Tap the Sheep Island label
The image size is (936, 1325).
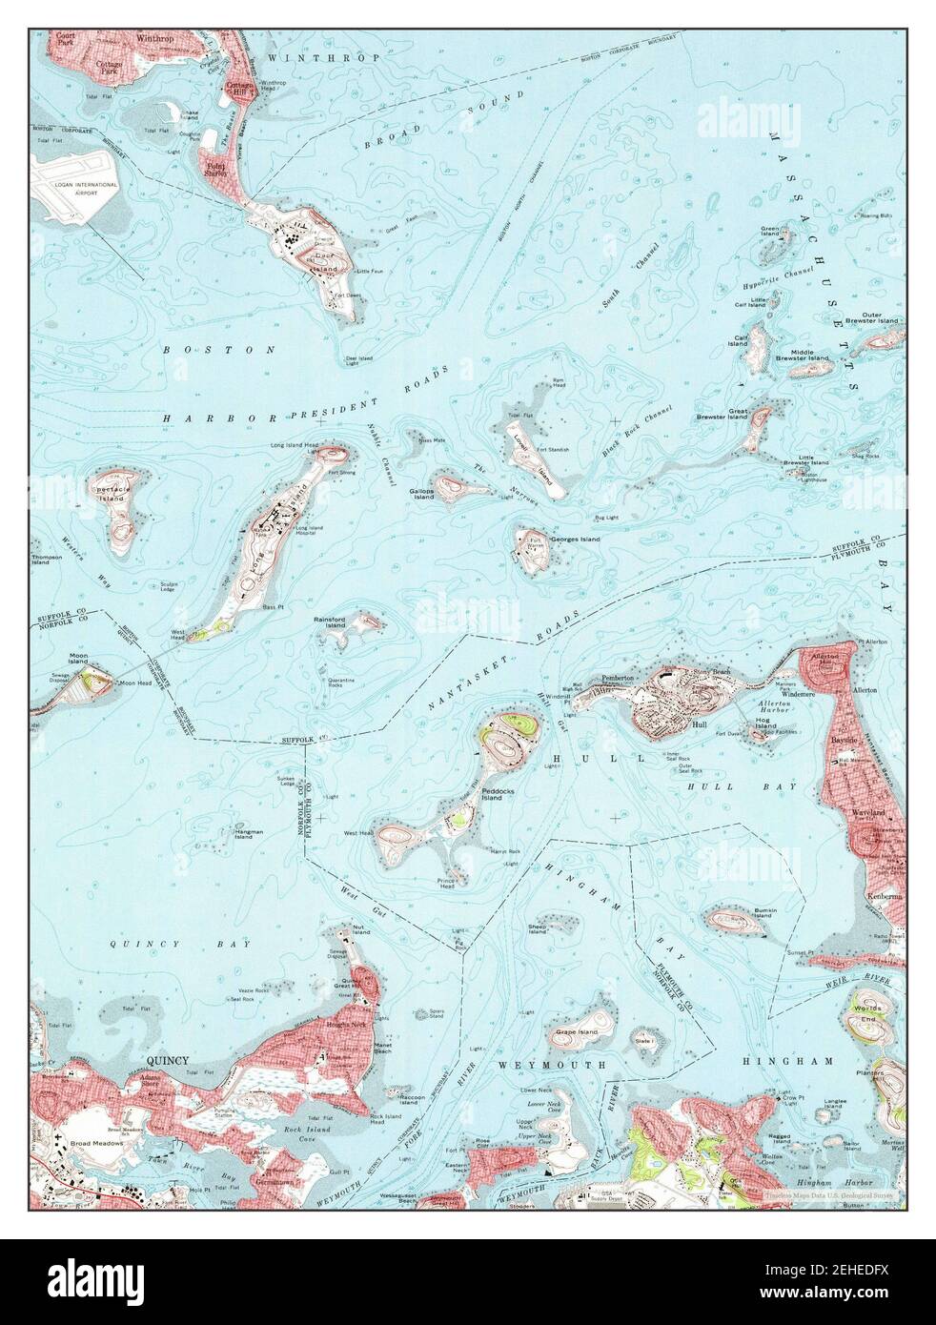coord(537,928)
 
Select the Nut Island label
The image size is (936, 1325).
coord(360,927)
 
